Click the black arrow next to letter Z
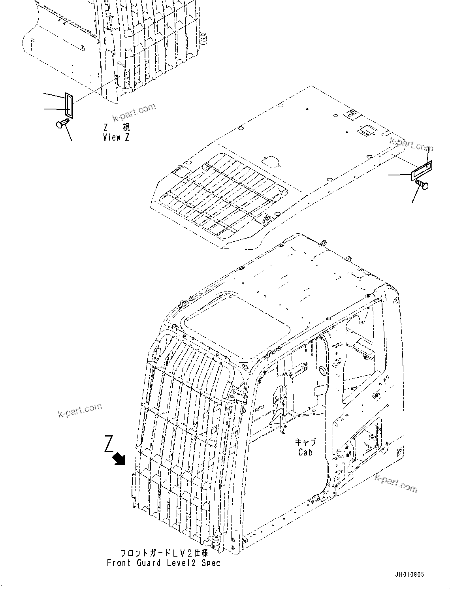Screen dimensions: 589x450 tap(119, 459)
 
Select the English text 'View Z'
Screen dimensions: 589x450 tap(116, 137)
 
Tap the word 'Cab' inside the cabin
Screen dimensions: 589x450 tap(305, 452)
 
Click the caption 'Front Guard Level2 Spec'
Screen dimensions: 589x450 tap(164, 563)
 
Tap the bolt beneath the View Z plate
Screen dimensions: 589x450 tap(62, 124)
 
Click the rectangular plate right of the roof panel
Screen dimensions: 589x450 tap(422, 171)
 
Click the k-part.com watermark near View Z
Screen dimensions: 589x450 tap(134, 113)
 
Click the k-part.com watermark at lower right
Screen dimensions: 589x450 tap(396, 483)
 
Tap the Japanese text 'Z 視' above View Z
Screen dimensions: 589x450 tap(116, 127)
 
